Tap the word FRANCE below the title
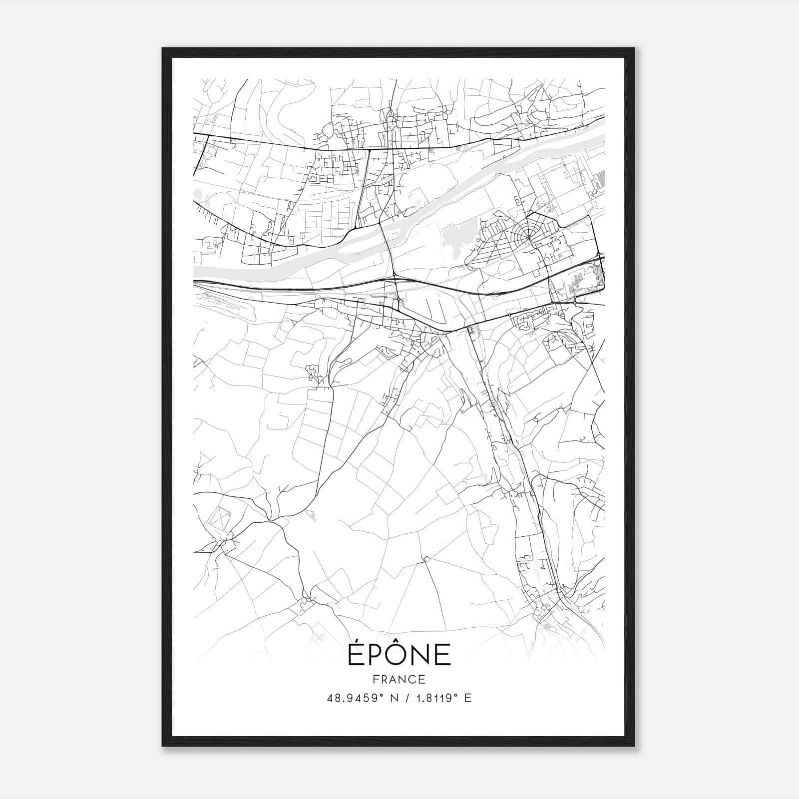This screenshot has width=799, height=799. [x=399, y=679]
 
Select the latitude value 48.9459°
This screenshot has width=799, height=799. [x=357, y=698]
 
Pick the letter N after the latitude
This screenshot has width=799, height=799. [x=395, y=698]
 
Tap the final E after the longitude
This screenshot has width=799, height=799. [x=468, y=698]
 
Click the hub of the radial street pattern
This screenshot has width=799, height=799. [x=528, y=238]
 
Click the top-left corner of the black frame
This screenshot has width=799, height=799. [x=163, y=49]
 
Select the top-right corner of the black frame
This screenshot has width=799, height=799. [x=634, y=49]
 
